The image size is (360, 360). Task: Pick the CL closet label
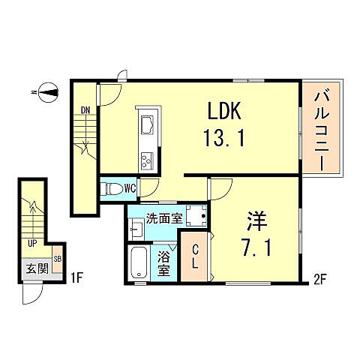pos(193,256)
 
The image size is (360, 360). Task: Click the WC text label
pos(130,188)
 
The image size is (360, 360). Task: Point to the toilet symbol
pos(112,189)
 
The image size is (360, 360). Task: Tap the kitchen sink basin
pos(145,122)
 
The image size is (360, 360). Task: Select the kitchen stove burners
pos(145,158)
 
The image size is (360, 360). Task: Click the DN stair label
pos(85,111)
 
